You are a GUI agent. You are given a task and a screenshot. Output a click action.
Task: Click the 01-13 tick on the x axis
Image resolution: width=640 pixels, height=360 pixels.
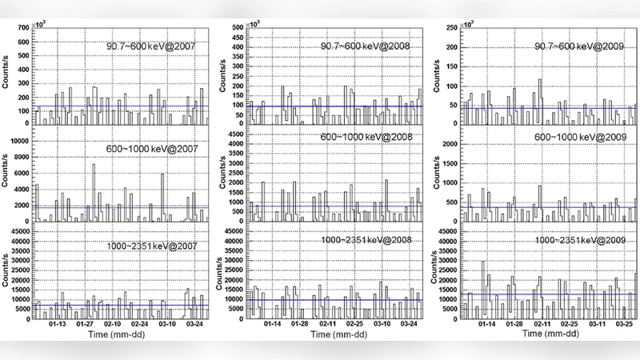pos(58,326)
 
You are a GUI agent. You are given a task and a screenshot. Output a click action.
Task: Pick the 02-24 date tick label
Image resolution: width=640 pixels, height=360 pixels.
pos(139,326)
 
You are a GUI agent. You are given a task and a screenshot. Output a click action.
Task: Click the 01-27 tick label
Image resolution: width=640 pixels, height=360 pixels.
pos(85,326)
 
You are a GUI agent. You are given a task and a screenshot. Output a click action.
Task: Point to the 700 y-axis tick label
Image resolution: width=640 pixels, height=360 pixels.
pos(22,29)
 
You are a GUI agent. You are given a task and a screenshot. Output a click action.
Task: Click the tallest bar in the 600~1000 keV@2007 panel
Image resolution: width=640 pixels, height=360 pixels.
pos(94,192)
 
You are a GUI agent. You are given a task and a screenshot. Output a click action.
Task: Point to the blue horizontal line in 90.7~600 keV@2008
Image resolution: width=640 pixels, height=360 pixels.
pos(336,106)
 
